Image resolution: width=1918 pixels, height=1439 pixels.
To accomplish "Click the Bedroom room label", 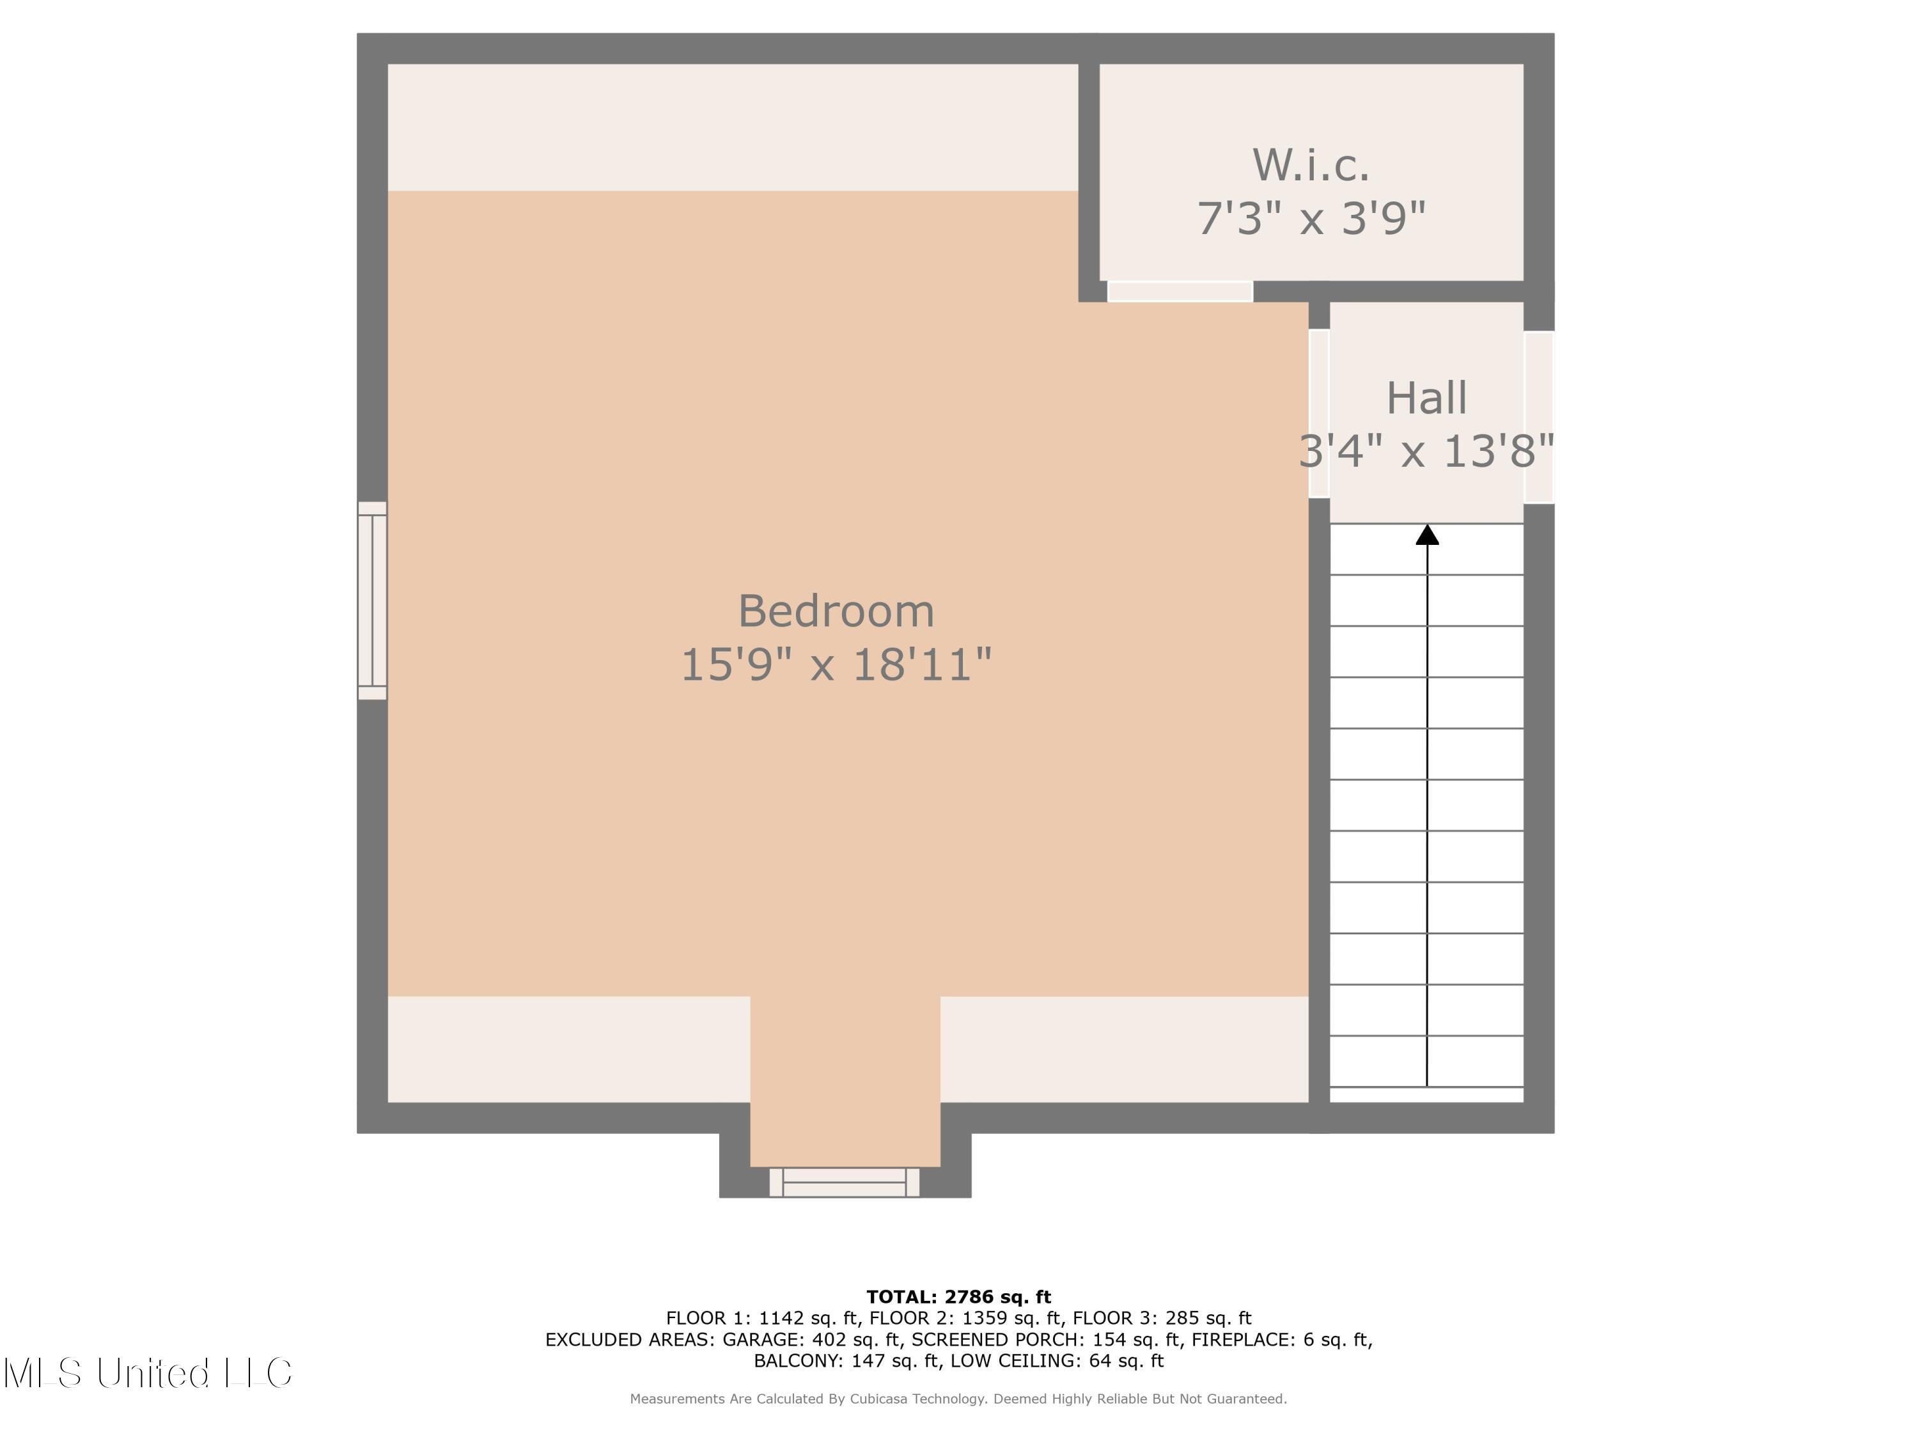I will [836, 611].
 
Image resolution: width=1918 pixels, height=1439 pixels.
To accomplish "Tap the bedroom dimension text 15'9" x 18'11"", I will [836, 665].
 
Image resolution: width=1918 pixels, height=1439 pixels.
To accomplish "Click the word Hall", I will [1426, 398].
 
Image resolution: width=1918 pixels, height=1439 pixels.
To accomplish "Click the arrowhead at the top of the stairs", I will [1427, 535].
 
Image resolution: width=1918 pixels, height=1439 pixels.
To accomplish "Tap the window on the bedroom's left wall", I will [372, 601].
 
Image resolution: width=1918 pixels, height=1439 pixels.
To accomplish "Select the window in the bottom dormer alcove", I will [844, 1183].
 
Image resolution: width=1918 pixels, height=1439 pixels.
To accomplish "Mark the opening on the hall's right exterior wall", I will [1538, 417].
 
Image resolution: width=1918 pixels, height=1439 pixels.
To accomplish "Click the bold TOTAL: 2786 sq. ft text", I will [958, 1297].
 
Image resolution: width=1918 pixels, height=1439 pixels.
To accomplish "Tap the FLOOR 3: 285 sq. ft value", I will [1162, 1318].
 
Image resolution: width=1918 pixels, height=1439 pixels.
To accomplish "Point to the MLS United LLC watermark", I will [148, 1373].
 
